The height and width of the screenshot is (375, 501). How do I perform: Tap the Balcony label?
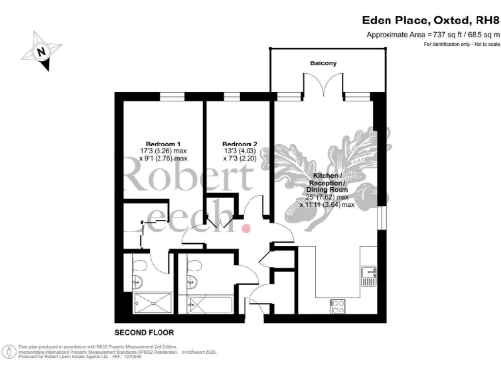point(324,63)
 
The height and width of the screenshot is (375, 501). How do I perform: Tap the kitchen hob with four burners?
point(339,306)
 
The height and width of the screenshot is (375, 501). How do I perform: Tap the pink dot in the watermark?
point(247,228)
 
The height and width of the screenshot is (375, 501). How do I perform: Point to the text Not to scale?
point(473,45)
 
